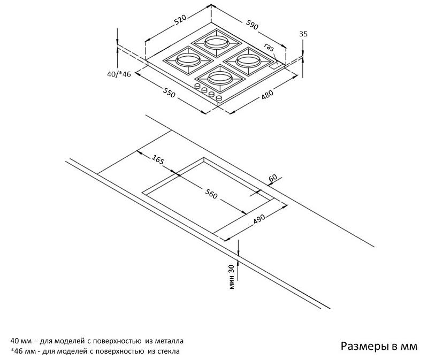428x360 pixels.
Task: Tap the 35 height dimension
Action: [303, 34]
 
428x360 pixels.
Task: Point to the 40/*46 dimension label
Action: [119, 74]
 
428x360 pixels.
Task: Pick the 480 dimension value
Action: [267, 95]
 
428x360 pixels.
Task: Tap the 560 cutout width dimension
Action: [211, 194]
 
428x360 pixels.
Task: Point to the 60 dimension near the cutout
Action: [272, 178]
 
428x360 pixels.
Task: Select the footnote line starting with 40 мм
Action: [97, 340]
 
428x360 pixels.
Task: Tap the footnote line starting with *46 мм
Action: [95, 351]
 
